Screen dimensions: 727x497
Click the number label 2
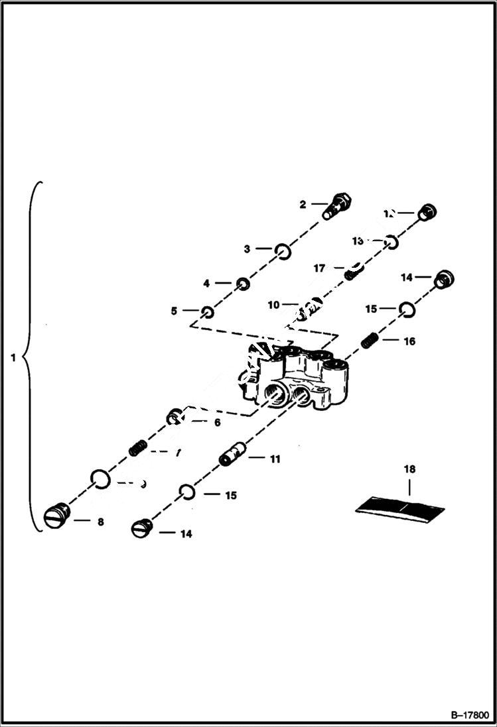(303, 205)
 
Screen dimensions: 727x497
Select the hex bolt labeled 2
(338, 203)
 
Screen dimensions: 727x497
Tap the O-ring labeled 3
(283, 250)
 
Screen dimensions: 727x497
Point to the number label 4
(206, 283)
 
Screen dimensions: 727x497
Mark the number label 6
(216, 422)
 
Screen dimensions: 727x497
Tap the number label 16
(409, 341)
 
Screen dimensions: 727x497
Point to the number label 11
(274, 458)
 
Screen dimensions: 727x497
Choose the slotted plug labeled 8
(54, 514)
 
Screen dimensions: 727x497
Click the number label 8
(100, 522)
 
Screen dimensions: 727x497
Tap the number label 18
(409, 469)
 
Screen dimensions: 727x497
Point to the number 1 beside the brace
(14, 358)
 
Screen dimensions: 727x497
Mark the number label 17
(319, 268)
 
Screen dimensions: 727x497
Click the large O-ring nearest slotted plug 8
(100, 478)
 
